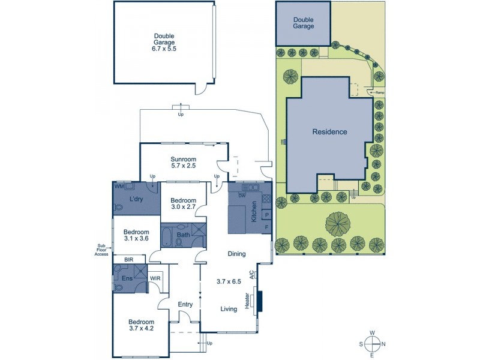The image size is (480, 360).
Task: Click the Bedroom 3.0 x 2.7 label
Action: coord(183,204)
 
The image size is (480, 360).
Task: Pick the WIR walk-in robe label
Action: coord(155,278)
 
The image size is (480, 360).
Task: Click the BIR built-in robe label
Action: coord(128,259)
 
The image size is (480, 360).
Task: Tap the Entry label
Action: coord(185,304)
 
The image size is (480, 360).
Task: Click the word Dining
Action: coord(237,254)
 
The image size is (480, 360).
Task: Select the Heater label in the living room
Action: coord(247,301)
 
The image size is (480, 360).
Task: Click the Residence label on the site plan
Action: coord(329,131)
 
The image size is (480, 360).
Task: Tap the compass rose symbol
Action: coord(372,344)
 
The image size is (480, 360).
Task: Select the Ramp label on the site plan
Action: coord(379,92)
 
